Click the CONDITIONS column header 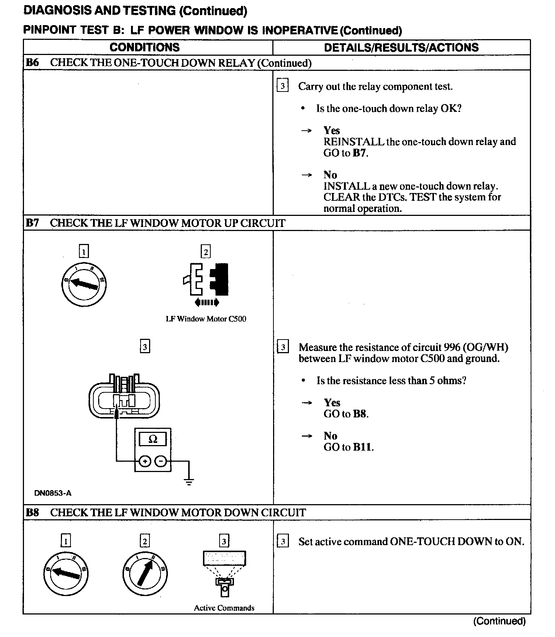(144, 47)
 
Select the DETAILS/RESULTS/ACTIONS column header (401, 47)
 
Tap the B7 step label (32, 223)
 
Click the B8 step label (32, 512)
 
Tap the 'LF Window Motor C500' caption (206, 319)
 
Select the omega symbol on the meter (152, 439)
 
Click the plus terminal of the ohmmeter (145, 461)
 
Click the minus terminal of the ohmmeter (161, 461)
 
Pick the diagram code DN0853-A (53, 493)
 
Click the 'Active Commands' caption (224, 608)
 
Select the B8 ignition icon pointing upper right (145, 572)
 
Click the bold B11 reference (363, 447)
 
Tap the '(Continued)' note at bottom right (499, 621)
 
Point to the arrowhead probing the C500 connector (117, 413)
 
